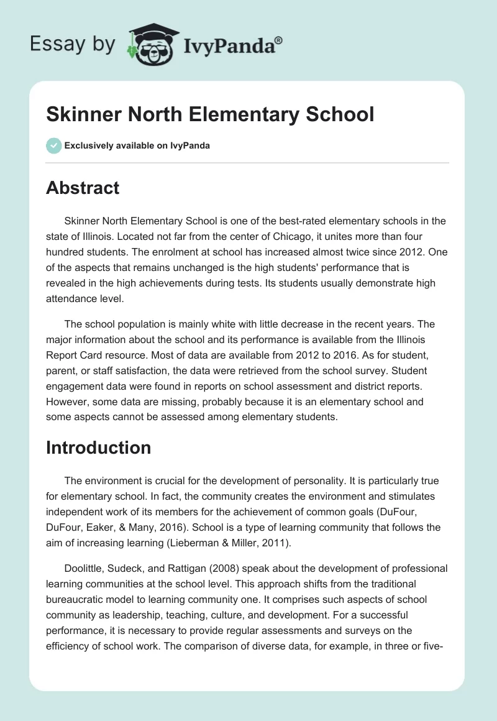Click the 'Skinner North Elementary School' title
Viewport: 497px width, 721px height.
pos(210,115)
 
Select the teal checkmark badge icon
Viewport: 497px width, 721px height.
pos(53,145)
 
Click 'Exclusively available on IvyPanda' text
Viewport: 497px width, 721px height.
pos(137,146)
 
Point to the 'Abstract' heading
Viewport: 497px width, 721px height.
pos(83,188)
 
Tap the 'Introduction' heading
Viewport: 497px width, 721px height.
pos(98,448)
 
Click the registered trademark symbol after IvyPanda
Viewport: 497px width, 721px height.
pos(279,39)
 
